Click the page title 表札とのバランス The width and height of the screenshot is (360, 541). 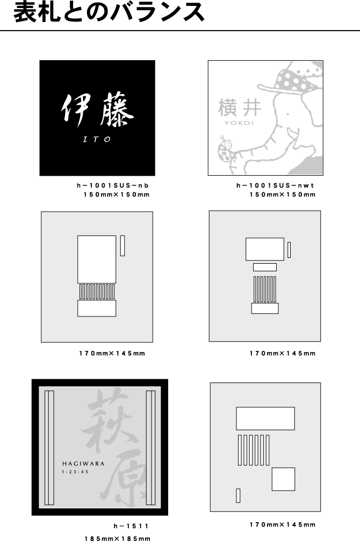[x=109, y=12]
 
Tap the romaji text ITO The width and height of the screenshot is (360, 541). [x=97, y=139]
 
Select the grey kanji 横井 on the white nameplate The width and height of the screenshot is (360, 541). [x=240, y=107]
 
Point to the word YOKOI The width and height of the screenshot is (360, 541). [x=239, y=123]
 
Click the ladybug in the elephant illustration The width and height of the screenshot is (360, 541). [x=225, y=149]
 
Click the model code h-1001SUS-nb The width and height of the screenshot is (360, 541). [x=112, y=186]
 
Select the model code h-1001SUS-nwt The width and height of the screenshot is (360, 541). [x=275, y=186]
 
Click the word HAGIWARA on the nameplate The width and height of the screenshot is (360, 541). [x=83, y=464]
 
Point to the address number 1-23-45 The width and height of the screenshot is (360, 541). [x=75, y=472]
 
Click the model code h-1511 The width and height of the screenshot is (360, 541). [x=131, y=526]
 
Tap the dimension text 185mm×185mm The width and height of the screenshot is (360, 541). [x=117, y=538]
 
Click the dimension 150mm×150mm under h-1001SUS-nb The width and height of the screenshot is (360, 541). [x=117, y=194]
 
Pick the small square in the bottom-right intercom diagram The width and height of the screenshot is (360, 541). [x=283, y=479]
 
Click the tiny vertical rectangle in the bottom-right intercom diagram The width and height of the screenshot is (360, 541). [x=238, y=495]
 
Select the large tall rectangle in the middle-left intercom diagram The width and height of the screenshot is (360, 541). [x=97, y=259]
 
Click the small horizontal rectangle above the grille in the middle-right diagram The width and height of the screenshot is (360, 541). [x=265, y=267]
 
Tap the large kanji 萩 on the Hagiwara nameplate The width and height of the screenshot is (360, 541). [x=110, y=419]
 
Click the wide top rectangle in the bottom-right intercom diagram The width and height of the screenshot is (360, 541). [x=265, y=419]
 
